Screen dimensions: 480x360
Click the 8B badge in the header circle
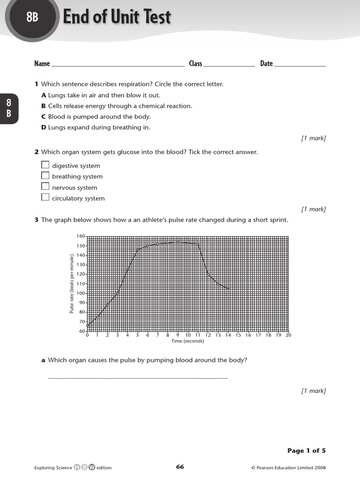click(32, 18)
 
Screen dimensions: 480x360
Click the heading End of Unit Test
click(117, 18)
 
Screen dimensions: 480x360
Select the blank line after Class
click(229, 66)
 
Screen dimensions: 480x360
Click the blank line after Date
click(300, 66)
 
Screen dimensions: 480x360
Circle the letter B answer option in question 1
click(44, 106)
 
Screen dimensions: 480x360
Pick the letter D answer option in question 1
click(44, 127)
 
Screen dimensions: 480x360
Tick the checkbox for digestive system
click(45, 165)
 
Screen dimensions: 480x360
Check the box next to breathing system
click(45, 176)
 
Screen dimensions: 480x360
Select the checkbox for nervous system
click(45, 187)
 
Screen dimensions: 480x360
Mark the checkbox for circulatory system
click(45, 197)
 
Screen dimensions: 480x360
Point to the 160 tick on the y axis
click(81, 236)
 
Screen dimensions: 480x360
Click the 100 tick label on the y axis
click(81, 293)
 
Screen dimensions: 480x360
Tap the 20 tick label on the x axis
click(288, 335)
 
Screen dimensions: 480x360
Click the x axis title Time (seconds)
click(187, 341)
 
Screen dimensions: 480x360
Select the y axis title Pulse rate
click(72, 284)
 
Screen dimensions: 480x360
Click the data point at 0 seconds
click(88, 325)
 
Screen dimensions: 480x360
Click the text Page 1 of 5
click(306, 451)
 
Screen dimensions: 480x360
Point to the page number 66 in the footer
click(180, 467)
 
